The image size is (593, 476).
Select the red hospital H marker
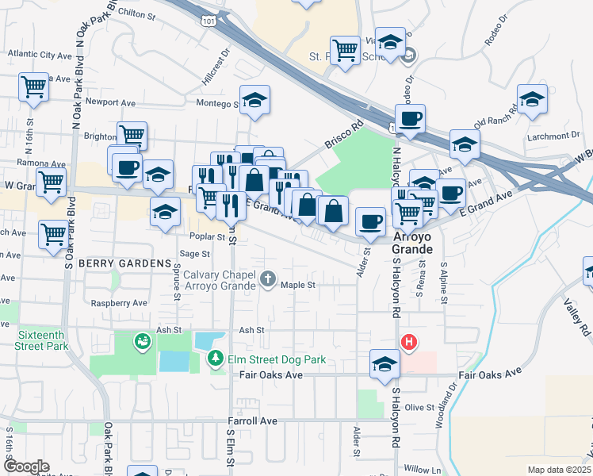pos(408,342)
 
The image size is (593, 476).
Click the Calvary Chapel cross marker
pos(268,278)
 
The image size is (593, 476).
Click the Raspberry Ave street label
pos(119,303)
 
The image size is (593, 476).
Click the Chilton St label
pos(135,13)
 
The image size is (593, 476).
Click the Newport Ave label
pos(111,102)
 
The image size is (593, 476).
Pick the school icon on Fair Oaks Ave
pos(384,363)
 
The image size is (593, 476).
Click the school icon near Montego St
pos(254,100)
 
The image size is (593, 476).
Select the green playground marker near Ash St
pos(143,341)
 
